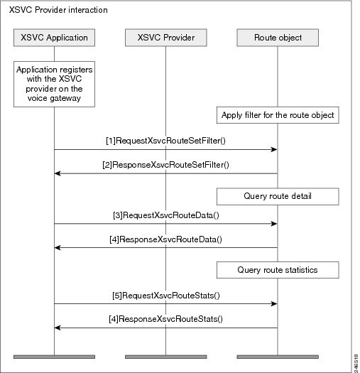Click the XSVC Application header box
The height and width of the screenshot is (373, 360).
pos(54,38)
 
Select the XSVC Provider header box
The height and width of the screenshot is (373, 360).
pos(166,38)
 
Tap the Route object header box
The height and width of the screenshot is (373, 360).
pos(278,38)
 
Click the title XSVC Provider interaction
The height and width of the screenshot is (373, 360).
pos(58,10)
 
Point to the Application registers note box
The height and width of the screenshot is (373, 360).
pos(54,84)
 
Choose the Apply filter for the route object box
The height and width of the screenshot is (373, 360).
pos(278,115)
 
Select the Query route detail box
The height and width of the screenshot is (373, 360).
pos(278,197)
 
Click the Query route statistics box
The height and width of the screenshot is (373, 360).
pos(278,270)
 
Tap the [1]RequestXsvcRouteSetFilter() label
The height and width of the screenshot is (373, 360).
pos(165,141)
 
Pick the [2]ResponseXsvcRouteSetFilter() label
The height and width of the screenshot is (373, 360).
pos(165,165)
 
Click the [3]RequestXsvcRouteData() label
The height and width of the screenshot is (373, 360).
pos(166,215)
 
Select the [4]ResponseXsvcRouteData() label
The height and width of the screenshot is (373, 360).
pos(165,239)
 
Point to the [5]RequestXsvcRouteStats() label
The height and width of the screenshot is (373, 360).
pos(166,296)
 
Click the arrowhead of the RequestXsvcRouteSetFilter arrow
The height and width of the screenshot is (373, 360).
pos(274,149)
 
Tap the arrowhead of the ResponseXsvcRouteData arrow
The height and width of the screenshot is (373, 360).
pos(58,248)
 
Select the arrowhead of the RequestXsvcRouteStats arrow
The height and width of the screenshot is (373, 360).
pos(274,303)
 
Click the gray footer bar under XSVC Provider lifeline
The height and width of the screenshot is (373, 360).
pos(166,357)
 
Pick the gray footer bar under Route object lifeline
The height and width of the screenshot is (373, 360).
pos(278,357)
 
